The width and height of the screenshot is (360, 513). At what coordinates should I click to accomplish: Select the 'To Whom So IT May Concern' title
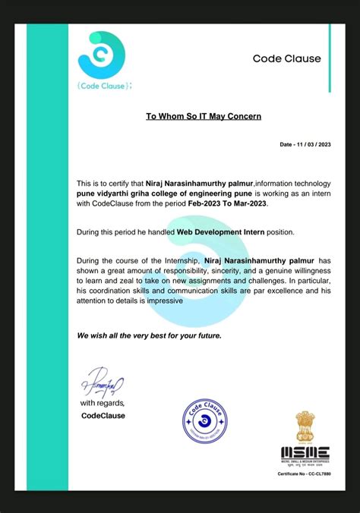(204, 116)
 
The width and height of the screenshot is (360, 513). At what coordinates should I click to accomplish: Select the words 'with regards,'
(103, 403)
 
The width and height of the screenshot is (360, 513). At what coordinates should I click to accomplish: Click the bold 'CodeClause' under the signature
(103, 415)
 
